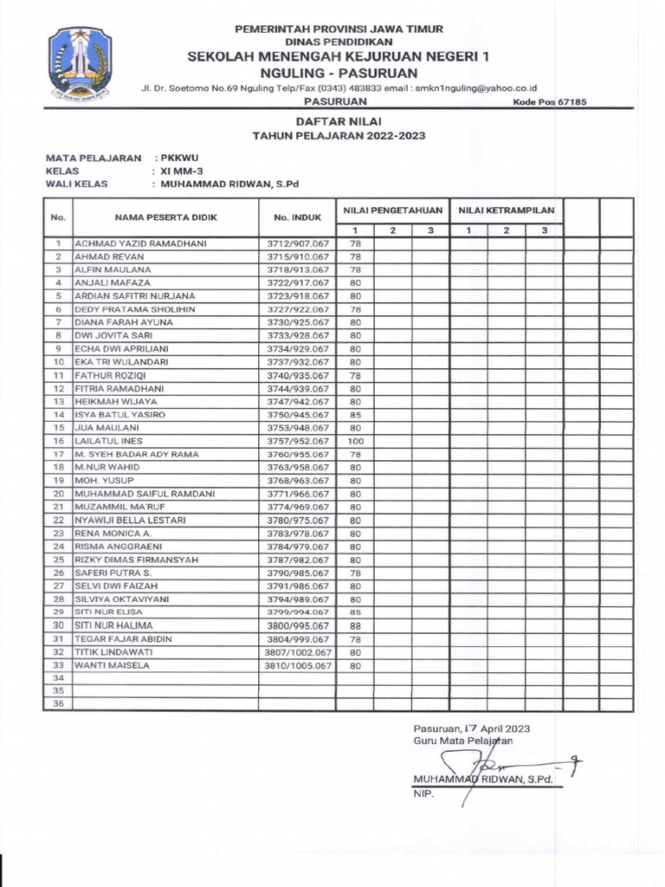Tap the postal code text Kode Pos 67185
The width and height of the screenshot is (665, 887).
[x=550, y=101]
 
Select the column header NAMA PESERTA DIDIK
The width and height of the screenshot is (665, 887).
[x=165, y=217]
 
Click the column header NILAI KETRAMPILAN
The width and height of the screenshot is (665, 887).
[x=507, y=210]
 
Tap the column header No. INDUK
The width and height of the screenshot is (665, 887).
[x=297, y=217]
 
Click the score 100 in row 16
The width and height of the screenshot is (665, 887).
[x=355, y=441]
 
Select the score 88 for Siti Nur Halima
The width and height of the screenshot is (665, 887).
[x=355, y=625]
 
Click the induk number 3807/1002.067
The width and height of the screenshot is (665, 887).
[x=298, y=652]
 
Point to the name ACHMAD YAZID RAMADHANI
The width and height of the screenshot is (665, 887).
[x=140, y=243]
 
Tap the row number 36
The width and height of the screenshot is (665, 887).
[x=58, y=704]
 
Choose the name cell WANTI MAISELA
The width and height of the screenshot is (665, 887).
[x=112, y=665]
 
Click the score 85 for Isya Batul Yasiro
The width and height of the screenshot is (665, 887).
[x=355, y=415]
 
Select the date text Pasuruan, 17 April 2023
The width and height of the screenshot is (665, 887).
[x=472, y=728]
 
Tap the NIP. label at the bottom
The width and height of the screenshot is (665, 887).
[x=422, y=793]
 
